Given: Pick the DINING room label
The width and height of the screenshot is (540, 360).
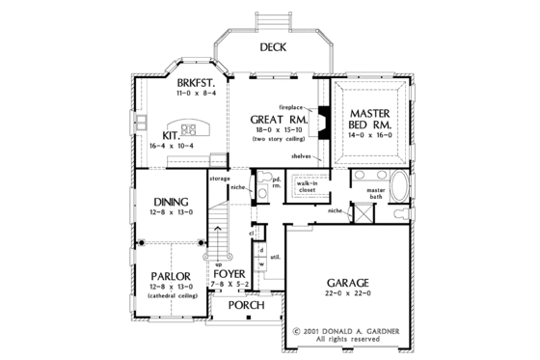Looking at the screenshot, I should tap(171, 201).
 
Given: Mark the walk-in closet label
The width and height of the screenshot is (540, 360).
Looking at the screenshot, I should tap(308, 186).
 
